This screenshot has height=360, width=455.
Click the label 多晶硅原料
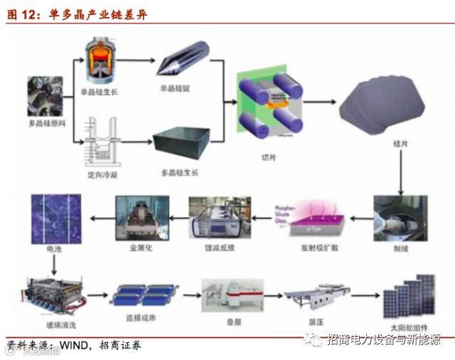coord(48,124)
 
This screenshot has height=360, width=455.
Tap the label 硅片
coord(401,144)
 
